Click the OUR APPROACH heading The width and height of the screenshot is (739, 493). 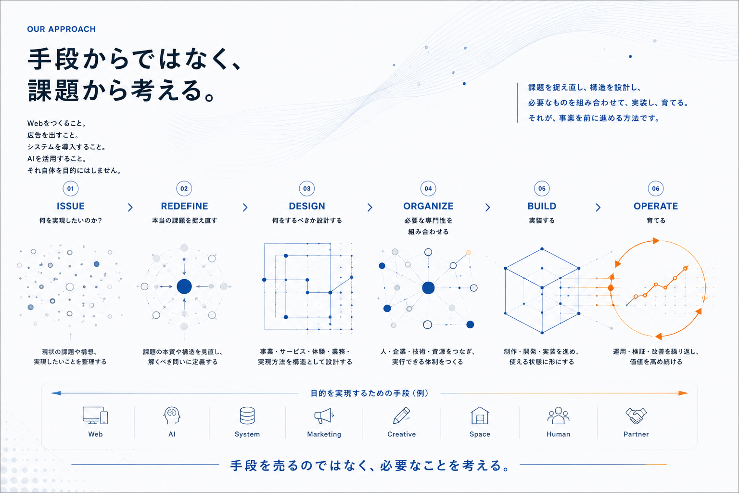click(62, 29)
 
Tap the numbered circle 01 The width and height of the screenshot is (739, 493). click(71, 189)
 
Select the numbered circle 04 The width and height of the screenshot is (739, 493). click(428, 189)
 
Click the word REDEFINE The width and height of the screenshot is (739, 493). click(184, 206)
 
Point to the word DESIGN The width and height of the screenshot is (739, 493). click(307, 206)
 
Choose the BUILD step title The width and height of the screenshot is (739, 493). click(542, 206)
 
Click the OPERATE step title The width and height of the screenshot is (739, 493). click(656, 206)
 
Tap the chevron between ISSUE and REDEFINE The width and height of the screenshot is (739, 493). click(130, 208)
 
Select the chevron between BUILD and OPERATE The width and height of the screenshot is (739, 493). click(598, 208)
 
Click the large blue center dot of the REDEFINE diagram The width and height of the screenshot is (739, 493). click(184, 286)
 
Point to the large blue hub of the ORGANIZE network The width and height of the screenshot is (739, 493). click(428, 288)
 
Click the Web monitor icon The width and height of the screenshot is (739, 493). click(95, 415)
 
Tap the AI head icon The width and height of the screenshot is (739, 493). click(172, 415)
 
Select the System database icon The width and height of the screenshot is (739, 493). click(247, 415)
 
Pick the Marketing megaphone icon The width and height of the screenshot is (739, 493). click(324, 416)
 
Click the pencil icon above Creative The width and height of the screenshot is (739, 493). click(402, 415)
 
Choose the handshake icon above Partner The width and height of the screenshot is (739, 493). click(636, 416)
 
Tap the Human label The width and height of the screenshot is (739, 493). click(558, 434)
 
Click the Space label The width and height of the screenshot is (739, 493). click(480, 434)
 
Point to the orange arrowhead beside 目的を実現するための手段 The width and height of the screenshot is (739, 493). click(683, 393)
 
